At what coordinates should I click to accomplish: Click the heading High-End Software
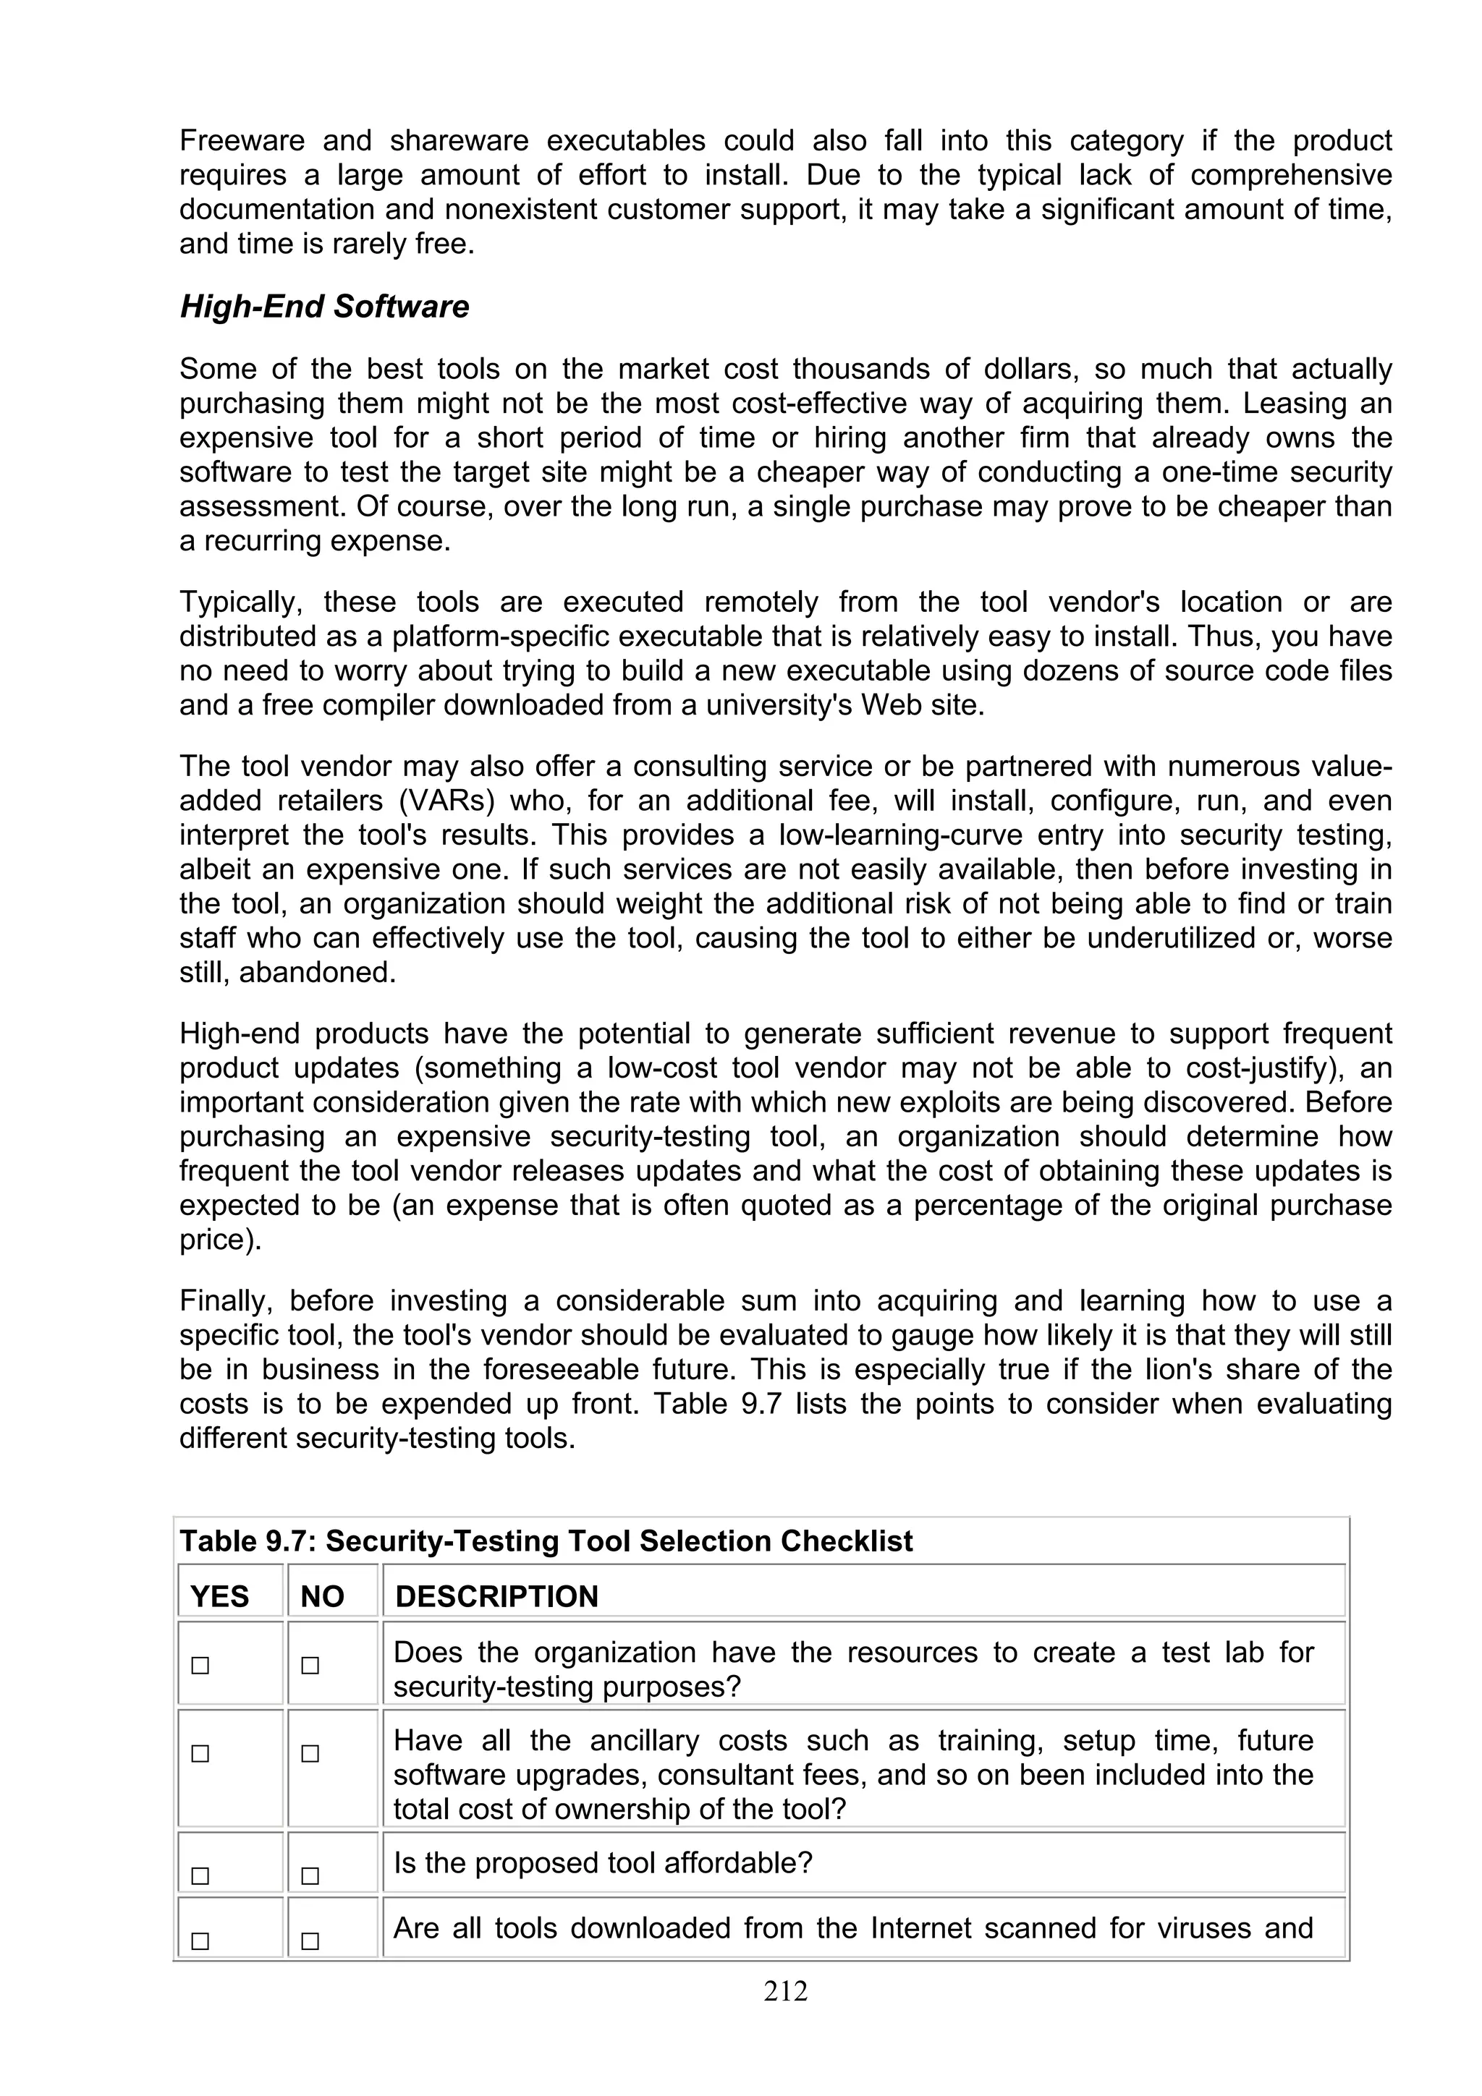tap(324, 307)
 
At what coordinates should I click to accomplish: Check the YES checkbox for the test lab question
tap(200, 1665)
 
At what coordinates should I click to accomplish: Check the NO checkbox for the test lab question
tap(310, 1665)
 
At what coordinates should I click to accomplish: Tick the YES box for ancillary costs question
tap(200, 1754)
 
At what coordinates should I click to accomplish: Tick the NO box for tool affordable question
tap(310, 1876)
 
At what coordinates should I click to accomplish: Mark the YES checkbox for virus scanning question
tap(200, 1940)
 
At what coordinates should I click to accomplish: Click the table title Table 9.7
tap(546, 1541)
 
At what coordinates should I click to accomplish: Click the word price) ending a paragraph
tap(220, 1240)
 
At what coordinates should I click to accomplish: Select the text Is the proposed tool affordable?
tap(603, 1862)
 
